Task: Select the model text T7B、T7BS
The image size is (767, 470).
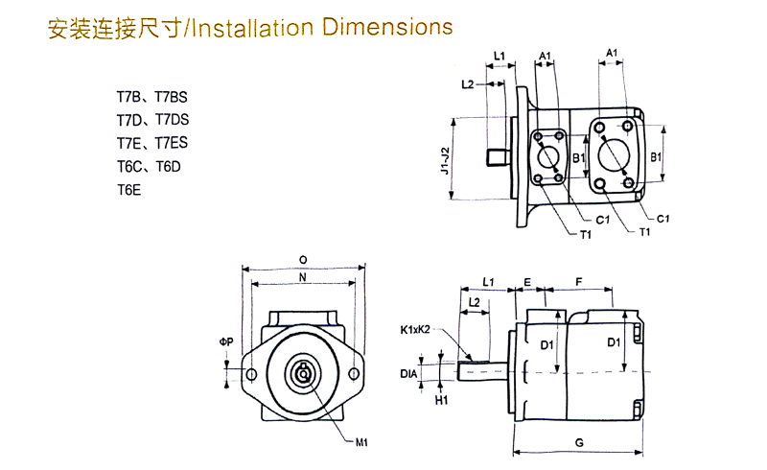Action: pyautogui.click(x=152, y=98)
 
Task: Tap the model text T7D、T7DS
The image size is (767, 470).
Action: pyautogui.click(x=152, y=121)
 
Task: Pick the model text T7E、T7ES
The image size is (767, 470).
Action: pyautogui.click(x=152, y=144)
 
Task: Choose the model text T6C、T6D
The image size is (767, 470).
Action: pyautogui.click(x=149, y=167)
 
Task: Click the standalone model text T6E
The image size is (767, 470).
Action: pyautogui.click(x=128, y=190)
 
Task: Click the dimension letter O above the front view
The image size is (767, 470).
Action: pyautogui.click(x=303, y=259)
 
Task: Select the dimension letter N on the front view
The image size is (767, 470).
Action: pyautogui.click(x=303, y=277)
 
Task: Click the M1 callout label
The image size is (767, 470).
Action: pyautogui.click(x=362, y=442)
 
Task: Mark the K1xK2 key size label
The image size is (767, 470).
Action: pyautogui.click(x=417, y=330)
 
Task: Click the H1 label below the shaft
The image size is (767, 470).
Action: pyautogui.click(x=442, y=400)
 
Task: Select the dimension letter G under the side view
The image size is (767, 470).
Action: pyautogui.click(x=578, y=442)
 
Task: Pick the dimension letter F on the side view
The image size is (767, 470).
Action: pyautogui.click(x=578, y=280)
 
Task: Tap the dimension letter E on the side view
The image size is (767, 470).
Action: pyautogui.click(x=528, y=280)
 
